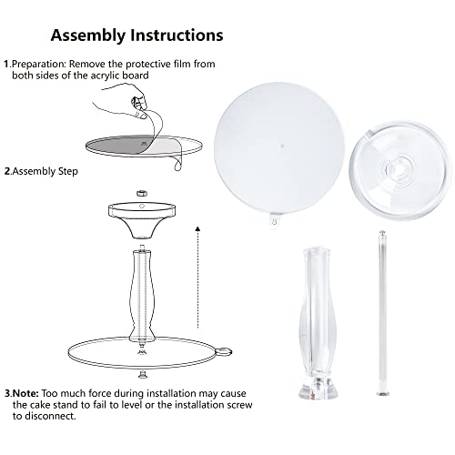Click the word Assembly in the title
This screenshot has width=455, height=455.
[88, 35]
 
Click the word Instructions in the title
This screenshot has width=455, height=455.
[177, 35]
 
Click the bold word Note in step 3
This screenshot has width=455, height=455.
[25, 393]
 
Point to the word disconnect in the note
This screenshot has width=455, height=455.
[50, 416]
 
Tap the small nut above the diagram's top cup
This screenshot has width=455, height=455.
[142, 193]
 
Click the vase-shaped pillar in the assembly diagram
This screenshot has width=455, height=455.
[140, 294]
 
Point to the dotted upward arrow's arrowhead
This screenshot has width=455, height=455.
[197, 228]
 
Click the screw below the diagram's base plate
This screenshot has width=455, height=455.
[141, 375]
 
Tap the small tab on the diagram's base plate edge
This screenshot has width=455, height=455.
[224, 352]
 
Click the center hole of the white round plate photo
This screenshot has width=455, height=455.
[282, 146]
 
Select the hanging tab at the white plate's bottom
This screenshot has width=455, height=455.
[275, 220]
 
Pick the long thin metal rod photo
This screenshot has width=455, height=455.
[382, 313]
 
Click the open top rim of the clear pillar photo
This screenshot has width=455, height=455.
[316, 252]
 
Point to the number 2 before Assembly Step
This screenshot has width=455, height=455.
[7, 171]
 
